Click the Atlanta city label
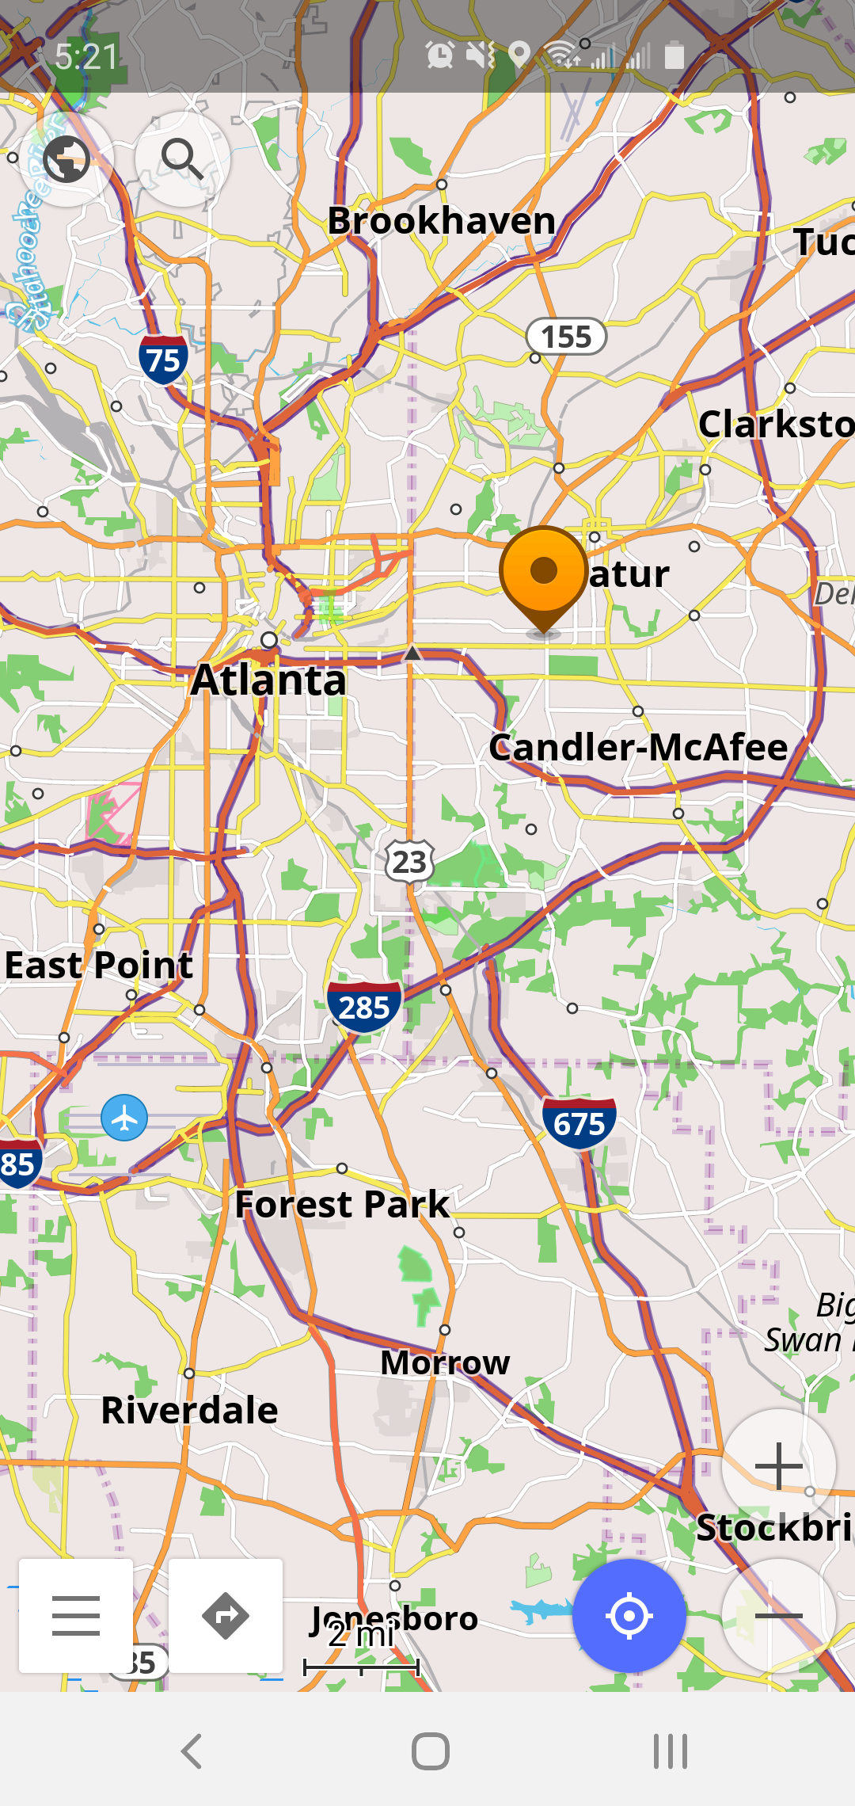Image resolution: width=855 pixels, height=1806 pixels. [x=269, y=680]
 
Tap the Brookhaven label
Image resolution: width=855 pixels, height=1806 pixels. [x=442, y=220]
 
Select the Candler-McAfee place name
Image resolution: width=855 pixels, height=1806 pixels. [x=638, y=747]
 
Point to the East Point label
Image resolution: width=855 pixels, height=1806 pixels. [x=98, y=965]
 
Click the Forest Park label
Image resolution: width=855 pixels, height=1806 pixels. [x=342, y=1205]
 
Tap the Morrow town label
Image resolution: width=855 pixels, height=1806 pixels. [x=445, y=1362]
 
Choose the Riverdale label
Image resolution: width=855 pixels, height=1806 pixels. [x=190, y=1411]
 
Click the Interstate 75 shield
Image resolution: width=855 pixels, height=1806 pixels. [x=163, y=360]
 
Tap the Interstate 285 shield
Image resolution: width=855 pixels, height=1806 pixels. [x=364, y=1007]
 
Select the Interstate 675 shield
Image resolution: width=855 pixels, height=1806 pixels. [x=579, y=1123]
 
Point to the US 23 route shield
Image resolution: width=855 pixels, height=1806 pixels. [x=409, y=861]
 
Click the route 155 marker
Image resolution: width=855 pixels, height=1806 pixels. [x=567, y=337]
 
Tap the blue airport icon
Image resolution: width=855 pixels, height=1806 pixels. [x=124, y=1118]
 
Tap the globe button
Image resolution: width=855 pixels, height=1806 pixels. [x=66, y=159]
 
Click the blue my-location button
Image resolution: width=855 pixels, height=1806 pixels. [x=629, y=1616]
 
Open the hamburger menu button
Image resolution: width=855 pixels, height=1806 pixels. [x=76, y=1616]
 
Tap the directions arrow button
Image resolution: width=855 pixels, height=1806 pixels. [x=226, y=1616]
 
